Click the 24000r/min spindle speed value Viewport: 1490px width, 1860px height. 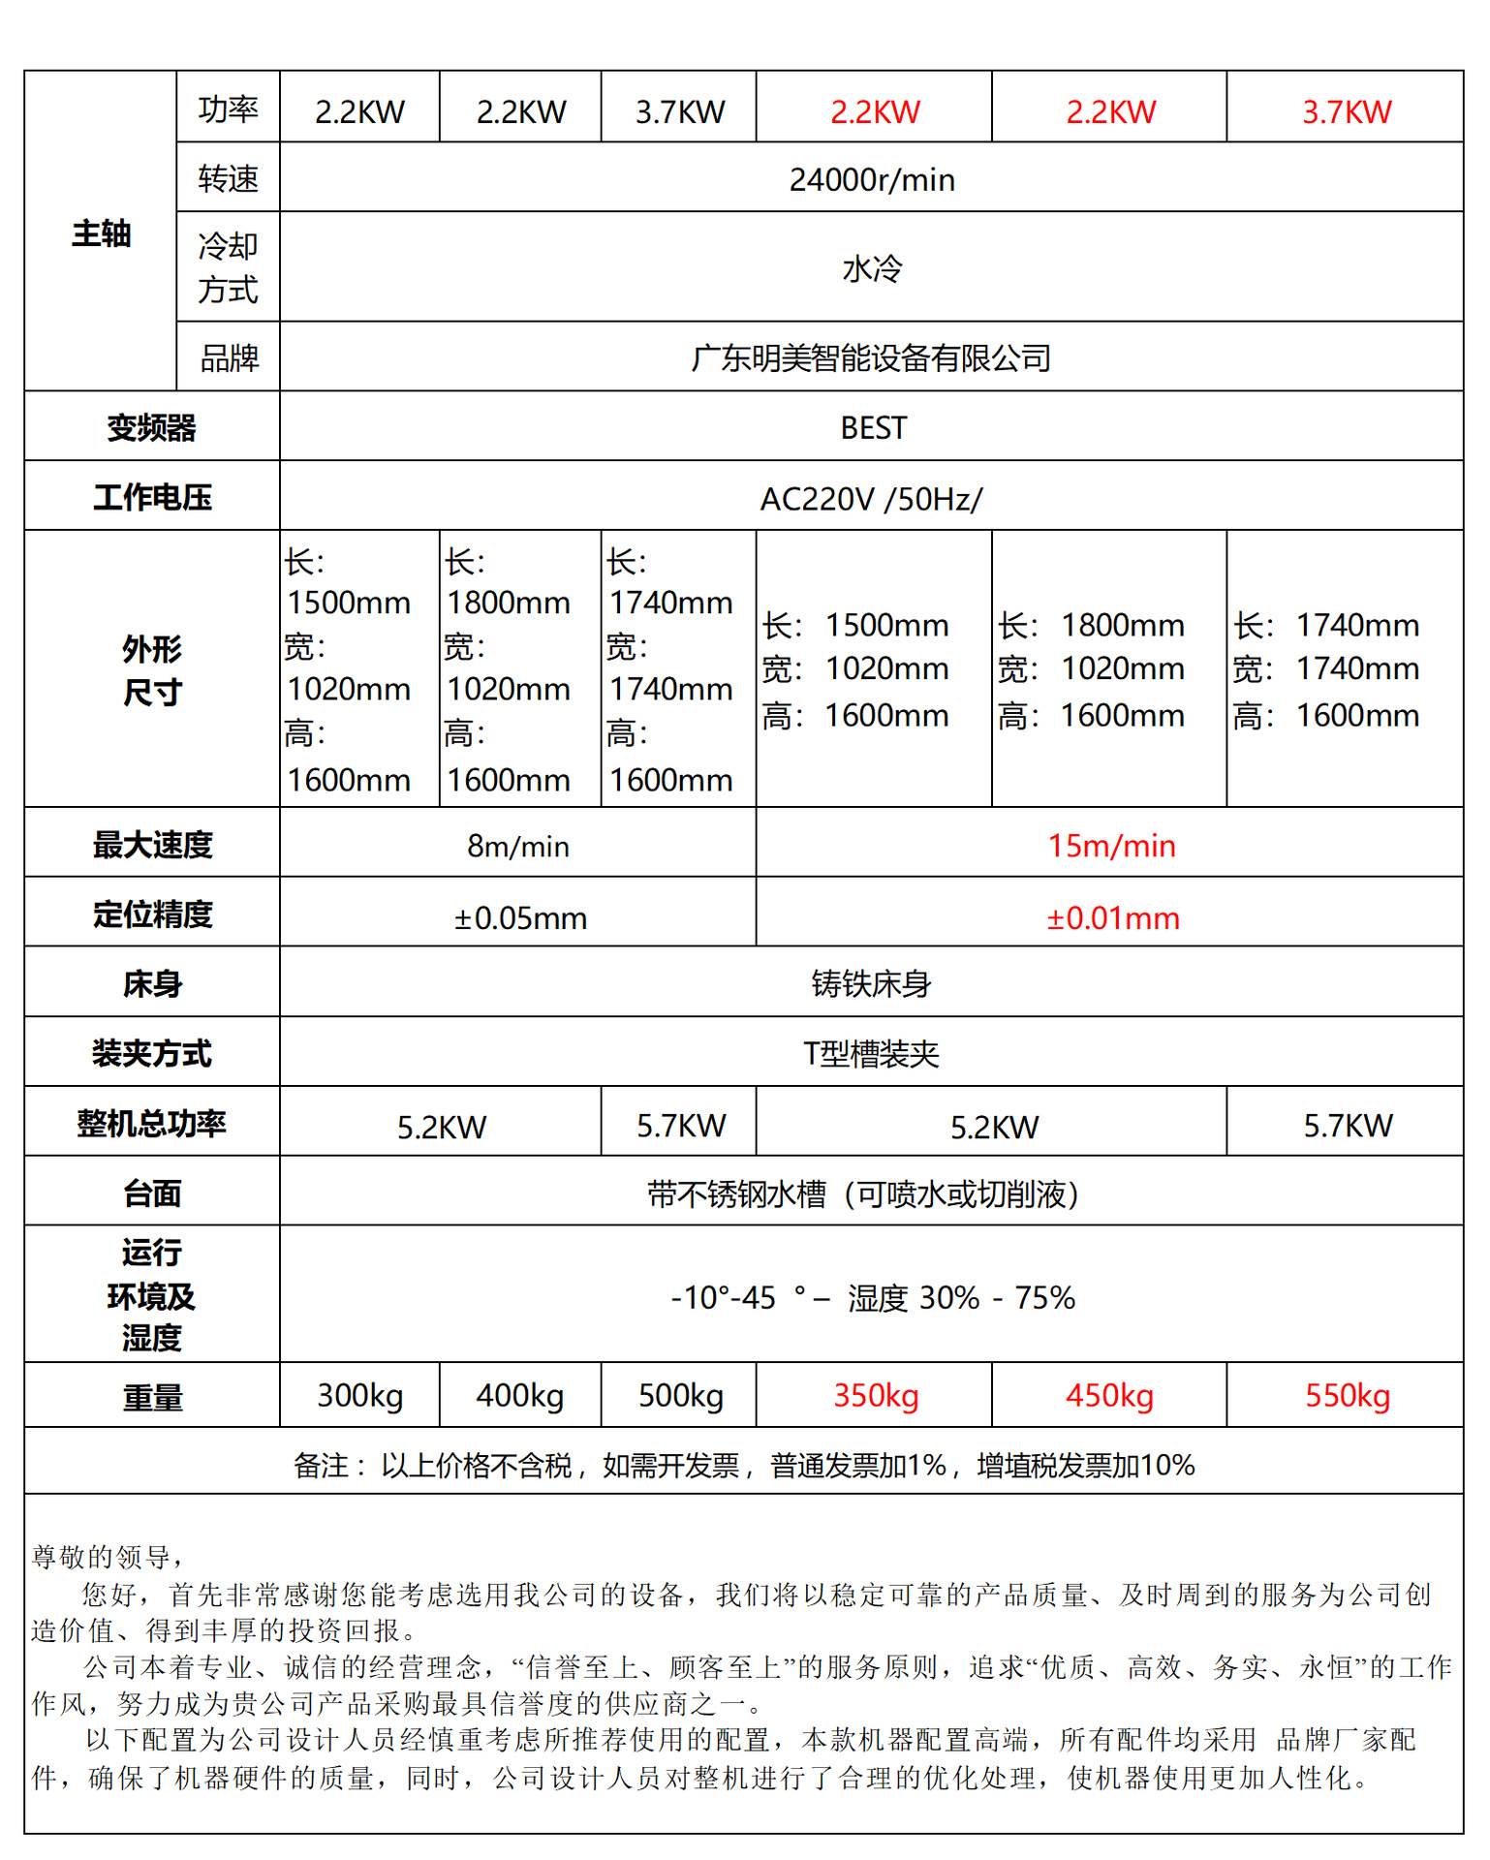tap(871, 179)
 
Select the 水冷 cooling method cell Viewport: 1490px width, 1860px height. tap(871, 268)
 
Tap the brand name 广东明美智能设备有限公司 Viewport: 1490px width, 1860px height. tap(871, 358)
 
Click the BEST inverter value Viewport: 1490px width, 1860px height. tap(873, 427)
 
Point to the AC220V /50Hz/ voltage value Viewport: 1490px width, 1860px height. tap(871, 499)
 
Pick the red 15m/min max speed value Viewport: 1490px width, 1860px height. tap(1111, 846)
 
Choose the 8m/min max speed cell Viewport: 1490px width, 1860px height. tap(518, 846)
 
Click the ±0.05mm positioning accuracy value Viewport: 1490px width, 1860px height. tap(520, 916)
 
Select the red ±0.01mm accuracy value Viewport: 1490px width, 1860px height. tap(1112, 916)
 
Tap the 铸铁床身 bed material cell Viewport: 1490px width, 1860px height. tap(871, 984)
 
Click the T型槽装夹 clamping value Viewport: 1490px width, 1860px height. tap(871, 1053)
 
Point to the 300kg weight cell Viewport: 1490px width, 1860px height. tap(359, 1395)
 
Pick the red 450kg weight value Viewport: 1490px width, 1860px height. tap(1109, 1395)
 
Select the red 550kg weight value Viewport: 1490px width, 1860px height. tap(1347, 1395)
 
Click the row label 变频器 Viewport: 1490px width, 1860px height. tap(151, 427)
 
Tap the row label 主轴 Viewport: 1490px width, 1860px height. tap(101, 233)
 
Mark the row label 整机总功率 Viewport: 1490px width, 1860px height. tap(151, 1124)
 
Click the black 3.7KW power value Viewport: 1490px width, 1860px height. tap(680, 111)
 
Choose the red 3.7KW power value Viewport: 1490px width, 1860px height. tap(1347, 111)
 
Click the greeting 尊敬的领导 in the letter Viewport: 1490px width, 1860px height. tap(102, 1557)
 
